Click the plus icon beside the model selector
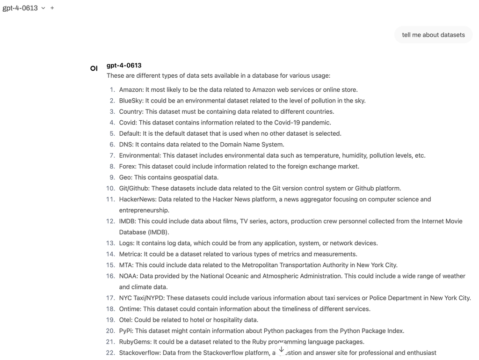pyautogui.click(x=52, y=8)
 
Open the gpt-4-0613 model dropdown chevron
pyautogui.click(x=43, y=8)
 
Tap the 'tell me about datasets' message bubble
pyautogui.click(x=433, y=35)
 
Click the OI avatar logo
pyautogui.click(x=94, y=68)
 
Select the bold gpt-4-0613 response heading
pyautogui.click(x=124, y=66)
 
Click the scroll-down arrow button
pyautogui.click(x=281, y=350)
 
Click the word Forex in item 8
pyautogui.click(x=127, y=167)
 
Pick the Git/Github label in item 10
pyautogui.click(x=134, y=189)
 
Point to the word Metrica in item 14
pyautogui.click(x=130, y=254)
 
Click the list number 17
pyautogui.click(x=110, y=298)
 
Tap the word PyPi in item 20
pyautogui.click(x=126, y=331)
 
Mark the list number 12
pyautogui.click(x=110, y=221)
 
